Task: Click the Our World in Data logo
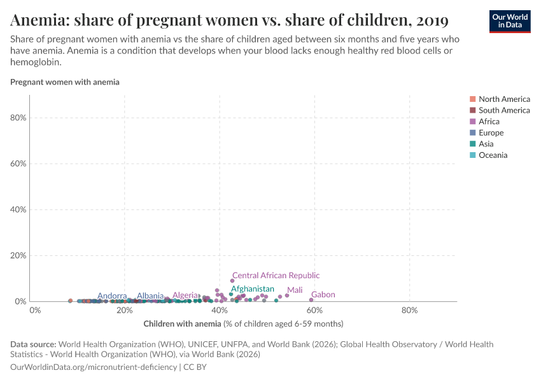[x=510, y=21]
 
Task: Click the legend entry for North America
[x=503, y=99]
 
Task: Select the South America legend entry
[x=503, y=110]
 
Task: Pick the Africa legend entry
[x=489, y=122]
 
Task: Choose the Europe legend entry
[x=491, y=133]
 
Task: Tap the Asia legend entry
[x=488, y=144]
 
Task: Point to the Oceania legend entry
[x=493, y=155]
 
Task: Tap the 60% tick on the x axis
[x=314, y=311]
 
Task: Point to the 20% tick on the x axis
[x=125, y=311]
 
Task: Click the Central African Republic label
[x=276, y=276]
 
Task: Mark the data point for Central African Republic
[x=232, y=281]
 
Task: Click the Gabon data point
[x=311, y=300]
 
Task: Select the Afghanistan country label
[x=252, y=289]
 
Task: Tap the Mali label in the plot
[x=295, y=290]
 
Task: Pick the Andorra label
[x=112, y=296]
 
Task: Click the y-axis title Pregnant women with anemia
[x=65, y=82]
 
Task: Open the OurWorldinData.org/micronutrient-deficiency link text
[x=94, y=367]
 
